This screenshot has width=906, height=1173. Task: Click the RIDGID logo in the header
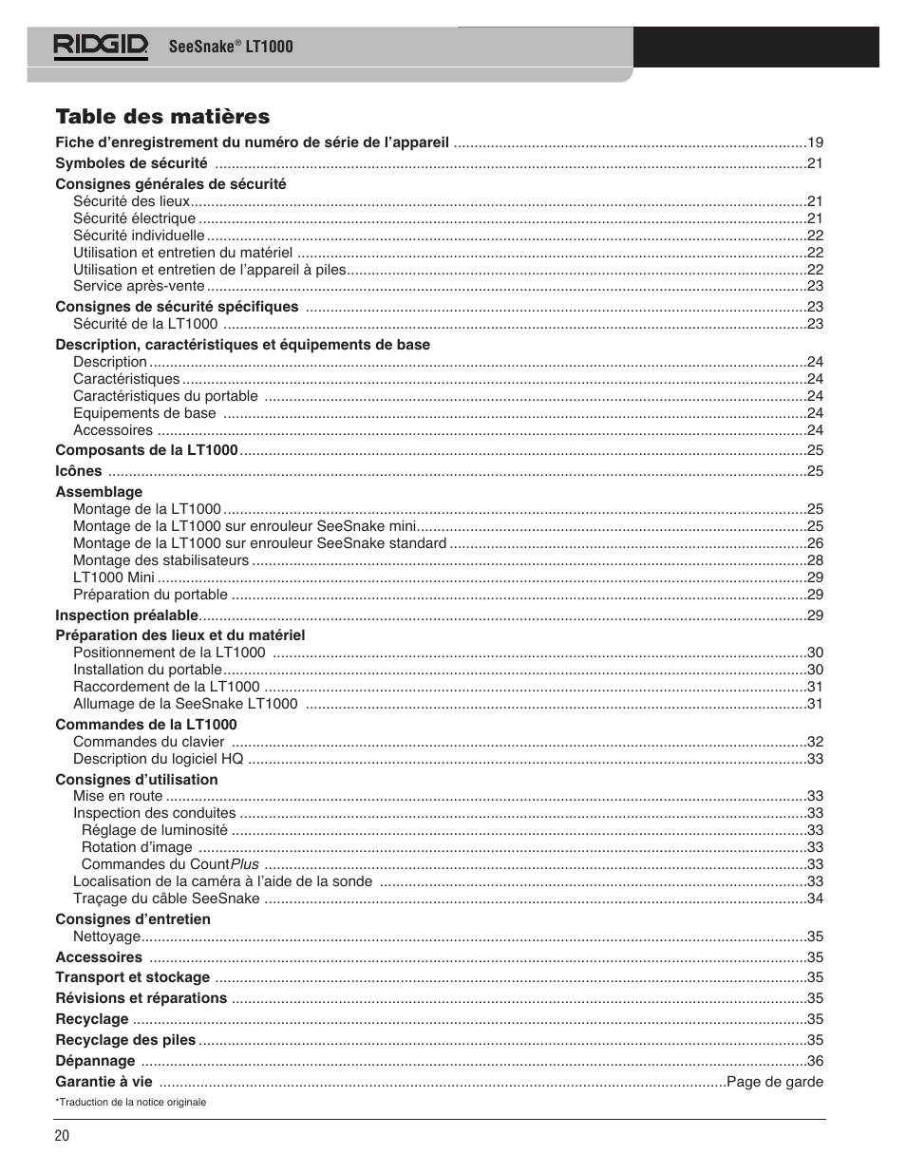point(101,46)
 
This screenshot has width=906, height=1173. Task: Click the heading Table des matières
point(162,116)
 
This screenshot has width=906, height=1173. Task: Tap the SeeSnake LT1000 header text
point(231,47)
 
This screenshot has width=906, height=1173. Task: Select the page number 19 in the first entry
point(815,142)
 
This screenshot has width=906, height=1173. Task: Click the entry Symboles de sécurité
point(131,163)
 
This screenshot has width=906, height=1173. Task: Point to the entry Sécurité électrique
point(134,218)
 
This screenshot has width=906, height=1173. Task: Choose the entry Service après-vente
point(139,286)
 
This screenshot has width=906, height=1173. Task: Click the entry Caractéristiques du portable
point(165,396)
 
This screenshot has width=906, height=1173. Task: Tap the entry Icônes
point(78,471)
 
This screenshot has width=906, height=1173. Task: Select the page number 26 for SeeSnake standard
point(815,543)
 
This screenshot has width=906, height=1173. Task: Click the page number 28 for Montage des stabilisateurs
point(815,560)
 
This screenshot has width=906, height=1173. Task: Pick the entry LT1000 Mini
point(113,577)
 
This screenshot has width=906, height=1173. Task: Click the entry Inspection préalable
point(126,615)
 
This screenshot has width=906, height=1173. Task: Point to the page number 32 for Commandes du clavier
point(815,742)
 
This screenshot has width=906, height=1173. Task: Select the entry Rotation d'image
point(137,847)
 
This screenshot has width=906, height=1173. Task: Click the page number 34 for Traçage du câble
point(815,899)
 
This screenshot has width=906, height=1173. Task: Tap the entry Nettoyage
point(106,937)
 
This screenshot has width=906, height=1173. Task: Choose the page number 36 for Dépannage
point(815,1061)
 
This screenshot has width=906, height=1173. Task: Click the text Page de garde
point(775,1082)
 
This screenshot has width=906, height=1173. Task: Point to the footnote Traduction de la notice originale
point(130,1102)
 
